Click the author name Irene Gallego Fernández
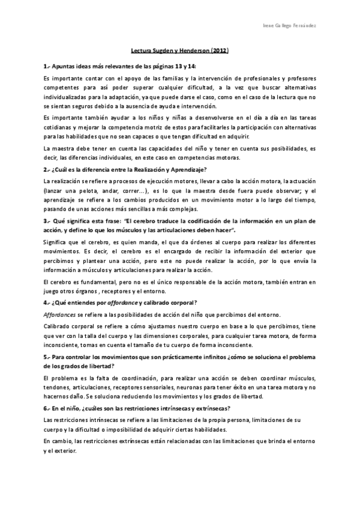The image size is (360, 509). click(291, 27)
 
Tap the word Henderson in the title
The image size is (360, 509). click(194, 52)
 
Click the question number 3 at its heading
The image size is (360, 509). click(46, 221)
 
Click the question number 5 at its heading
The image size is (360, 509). click(46, 358)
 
